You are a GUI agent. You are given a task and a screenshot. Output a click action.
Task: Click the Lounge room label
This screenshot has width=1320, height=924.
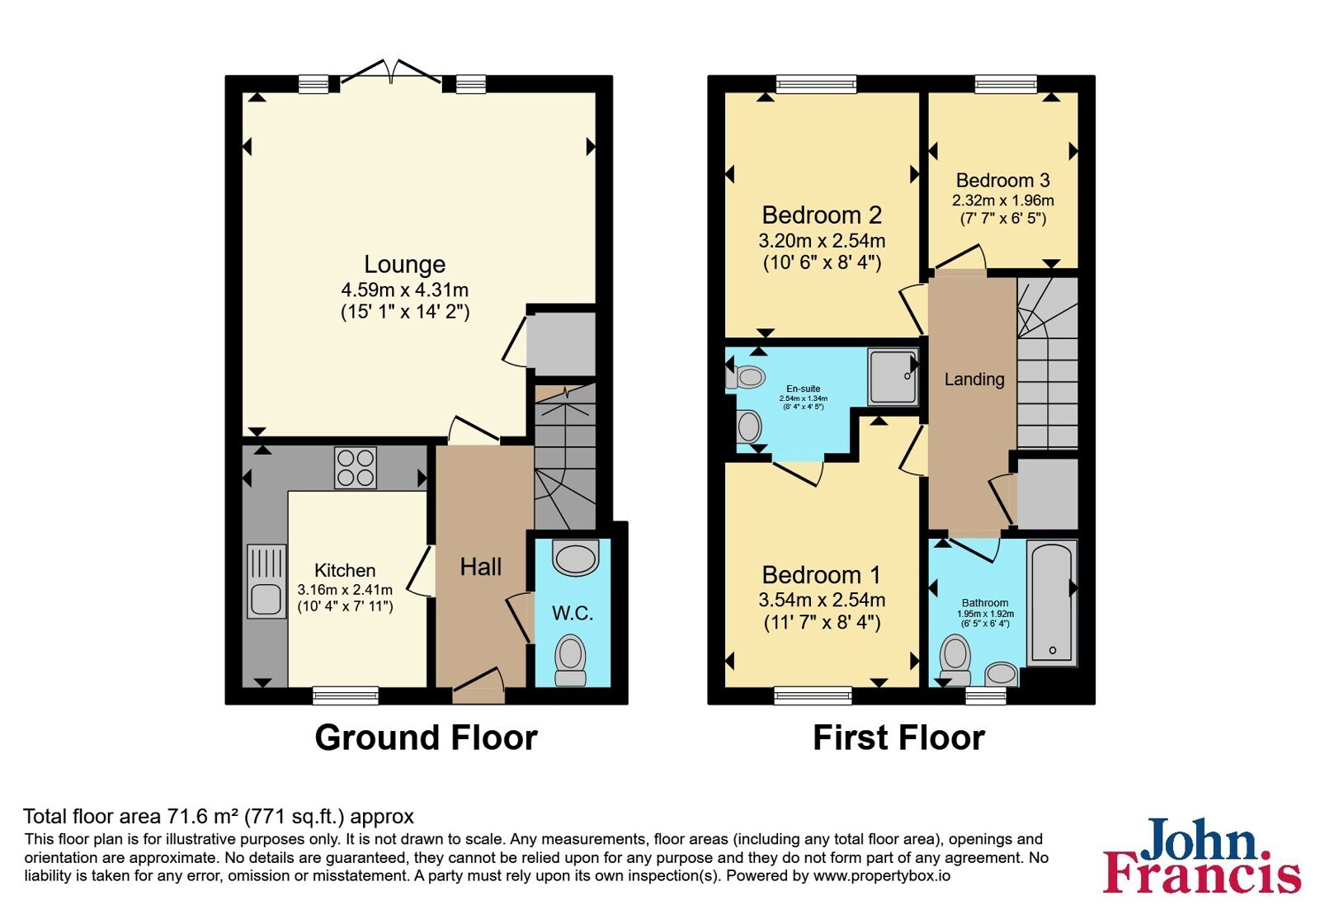coord(404,264)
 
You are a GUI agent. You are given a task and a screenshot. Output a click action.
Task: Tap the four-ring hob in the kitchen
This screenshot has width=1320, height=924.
coord(356,468)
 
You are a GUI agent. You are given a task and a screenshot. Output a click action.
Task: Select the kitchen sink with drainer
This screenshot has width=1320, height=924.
coord(266,581)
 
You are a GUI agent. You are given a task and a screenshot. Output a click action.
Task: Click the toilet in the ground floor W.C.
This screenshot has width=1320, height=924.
coord(570,660)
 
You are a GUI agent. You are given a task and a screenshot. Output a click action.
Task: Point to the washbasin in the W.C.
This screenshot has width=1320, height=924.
coord(575,558)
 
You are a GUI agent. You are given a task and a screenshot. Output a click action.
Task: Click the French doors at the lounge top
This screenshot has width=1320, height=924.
coord(391,72)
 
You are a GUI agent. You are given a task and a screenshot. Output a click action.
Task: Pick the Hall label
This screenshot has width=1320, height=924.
coord(480,567)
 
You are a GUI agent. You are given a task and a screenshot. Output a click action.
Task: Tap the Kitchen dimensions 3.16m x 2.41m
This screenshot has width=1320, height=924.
coord(345,589)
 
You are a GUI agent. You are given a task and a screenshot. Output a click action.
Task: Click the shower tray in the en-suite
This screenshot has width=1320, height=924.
coord(893,377)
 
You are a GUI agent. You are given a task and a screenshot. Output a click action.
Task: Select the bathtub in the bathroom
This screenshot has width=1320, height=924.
coord(1052,604)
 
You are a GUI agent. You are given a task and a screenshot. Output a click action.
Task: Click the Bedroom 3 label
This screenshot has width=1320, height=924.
coord(1003,180)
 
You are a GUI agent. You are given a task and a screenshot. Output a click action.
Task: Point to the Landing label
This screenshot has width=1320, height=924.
coord(974,379)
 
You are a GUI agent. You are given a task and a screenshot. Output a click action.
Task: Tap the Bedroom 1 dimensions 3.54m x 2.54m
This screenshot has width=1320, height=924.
coord(822,600)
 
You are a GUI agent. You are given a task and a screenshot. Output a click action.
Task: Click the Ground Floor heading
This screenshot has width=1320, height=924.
coord(426,738)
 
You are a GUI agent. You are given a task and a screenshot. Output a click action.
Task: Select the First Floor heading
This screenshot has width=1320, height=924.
coord(898,738)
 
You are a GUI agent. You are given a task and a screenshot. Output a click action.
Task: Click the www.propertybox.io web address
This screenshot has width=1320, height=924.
coord(882,875)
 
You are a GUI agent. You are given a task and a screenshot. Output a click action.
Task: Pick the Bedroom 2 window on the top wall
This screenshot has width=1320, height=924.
coord(816,83)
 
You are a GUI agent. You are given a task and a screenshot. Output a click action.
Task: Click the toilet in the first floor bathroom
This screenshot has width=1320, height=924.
coord(955,660)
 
